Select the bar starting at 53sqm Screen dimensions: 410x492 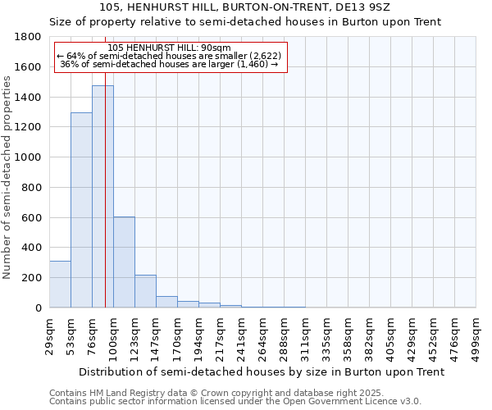click(x=81, y=210)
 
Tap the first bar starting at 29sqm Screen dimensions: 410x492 click(x=60, y=284)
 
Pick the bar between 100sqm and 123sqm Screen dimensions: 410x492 click(x=124, y=262)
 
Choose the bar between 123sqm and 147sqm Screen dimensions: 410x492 click(x=145, y=291)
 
